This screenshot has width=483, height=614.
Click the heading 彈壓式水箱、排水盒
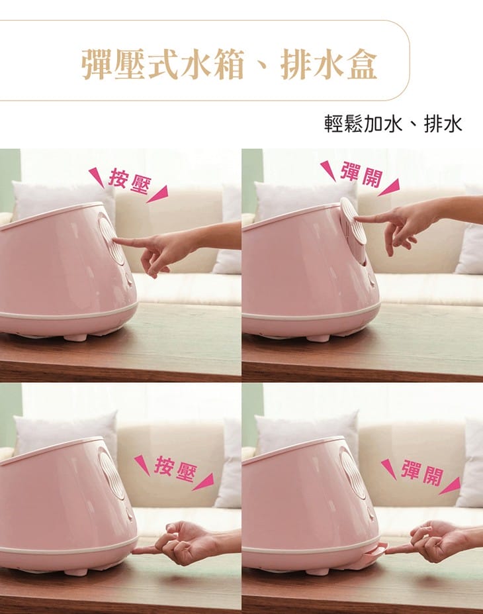(229, 64)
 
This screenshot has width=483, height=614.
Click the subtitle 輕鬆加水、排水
(393, 124)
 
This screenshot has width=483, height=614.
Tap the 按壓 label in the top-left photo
(129, 181)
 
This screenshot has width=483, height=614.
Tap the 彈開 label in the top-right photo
(361, 174)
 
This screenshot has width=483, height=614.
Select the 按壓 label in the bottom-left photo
(175, 468)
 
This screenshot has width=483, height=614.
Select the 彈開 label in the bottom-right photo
(421, 472)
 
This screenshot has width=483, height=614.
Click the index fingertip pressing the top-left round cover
(117, 241)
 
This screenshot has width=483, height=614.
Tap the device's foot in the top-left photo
(75, 336)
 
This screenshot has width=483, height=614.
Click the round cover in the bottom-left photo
(111, 472)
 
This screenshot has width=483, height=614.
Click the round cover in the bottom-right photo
(353, 472)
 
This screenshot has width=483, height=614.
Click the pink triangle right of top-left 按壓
(157, 194)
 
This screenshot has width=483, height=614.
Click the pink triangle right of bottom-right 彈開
(450, 486)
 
